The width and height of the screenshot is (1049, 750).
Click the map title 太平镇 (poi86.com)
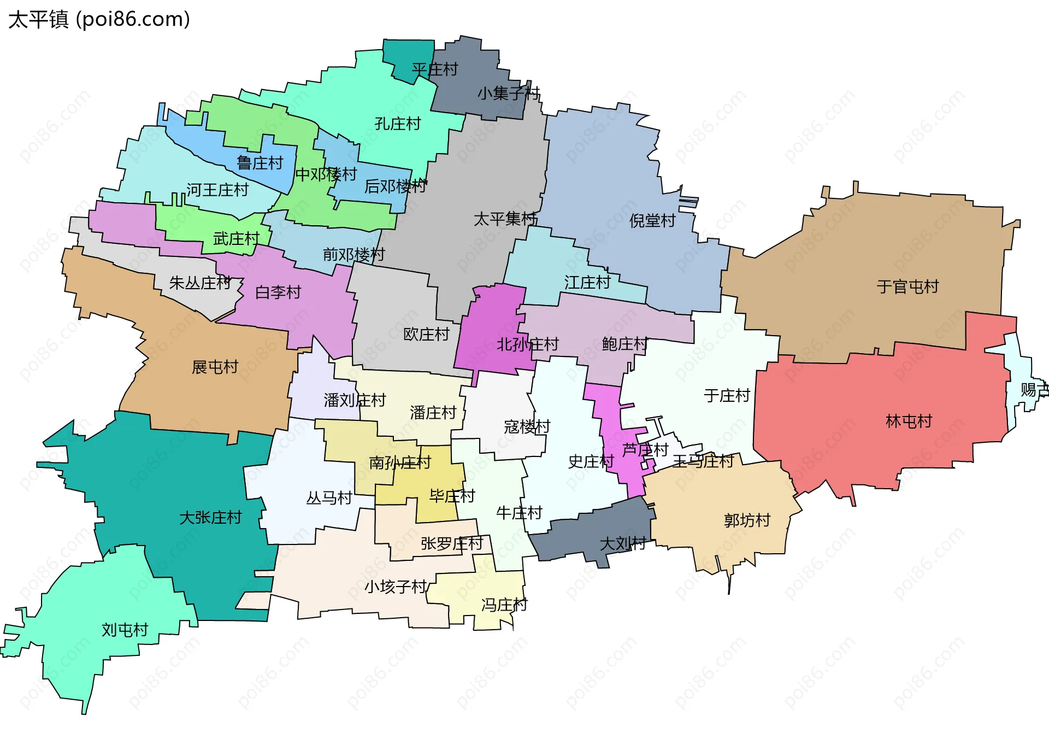click(99, 20)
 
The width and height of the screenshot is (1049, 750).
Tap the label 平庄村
click(434, 69)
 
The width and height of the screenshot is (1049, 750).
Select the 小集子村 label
click(508, 93)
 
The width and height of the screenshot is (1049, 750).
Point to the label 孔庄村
click(397, 124)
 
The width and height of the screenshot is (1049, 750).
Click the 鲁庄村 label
click(260, 163)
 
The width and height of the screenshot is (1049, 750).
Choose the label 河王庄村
click(217, 190)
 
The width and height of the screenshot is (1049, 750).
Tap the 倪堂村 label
click(652, 221)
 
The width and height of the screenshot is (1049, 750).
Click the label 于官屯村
click(907, 286)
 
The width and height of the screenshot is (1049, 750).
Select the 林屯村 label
click(909, 421)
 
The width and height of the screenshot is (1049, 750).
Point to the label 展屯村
click(215, 367)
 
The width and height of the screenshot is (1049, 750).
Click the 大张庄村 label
click(210, 517)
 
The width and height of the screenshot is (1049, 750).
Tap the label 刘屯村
click(125, 630)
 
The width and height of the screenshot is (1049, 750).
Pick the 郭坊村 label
click(747, 520)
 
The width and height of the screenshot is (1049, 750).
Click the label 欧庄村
click(426, 334)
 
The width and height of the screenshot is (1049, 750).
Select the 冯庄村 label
click(504, 605)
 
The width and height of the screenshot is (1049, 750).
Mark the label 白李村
click(278, 292)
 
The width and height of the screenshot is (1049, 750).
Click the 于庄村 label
click(727, 395)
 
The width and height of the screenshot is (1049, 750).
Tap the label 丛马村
click(329, 498)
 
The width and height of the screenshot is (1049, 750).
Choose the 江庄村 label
click(587, 282)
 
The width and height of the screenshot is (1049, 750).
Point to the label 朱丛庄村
click(200, 283)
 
